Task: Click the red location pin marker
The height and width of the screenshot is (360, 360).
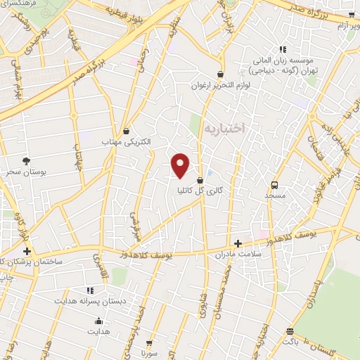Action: coord(181,165)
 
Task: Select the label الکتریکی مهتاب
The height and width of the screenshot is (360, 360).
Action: coord(127,142)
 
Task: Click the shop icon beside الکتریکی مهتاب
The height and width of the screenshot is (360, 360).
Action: coord(127,131)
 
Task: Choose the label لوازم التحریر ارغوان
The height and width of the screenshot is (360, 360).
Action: coord(220,85)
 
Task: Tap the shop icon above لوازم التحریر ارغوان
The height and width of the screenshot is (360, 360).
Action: coord(220,74)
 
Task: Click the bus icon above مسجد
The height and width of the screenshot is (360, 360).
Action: coord(274,186)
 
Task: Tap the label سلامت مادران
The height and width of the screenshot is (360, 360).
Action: coord(238,253)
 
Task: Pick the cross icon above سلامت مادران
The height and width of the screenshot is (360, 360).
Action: coord(238,242)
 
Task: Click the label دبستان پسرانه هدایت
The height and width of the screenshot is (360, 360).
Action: coord(89,301)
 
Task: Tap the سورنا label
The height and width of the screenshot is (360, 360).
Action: coord(147,353)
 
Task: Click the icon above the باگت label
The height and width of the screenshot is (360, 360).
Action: coord(290,331)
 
